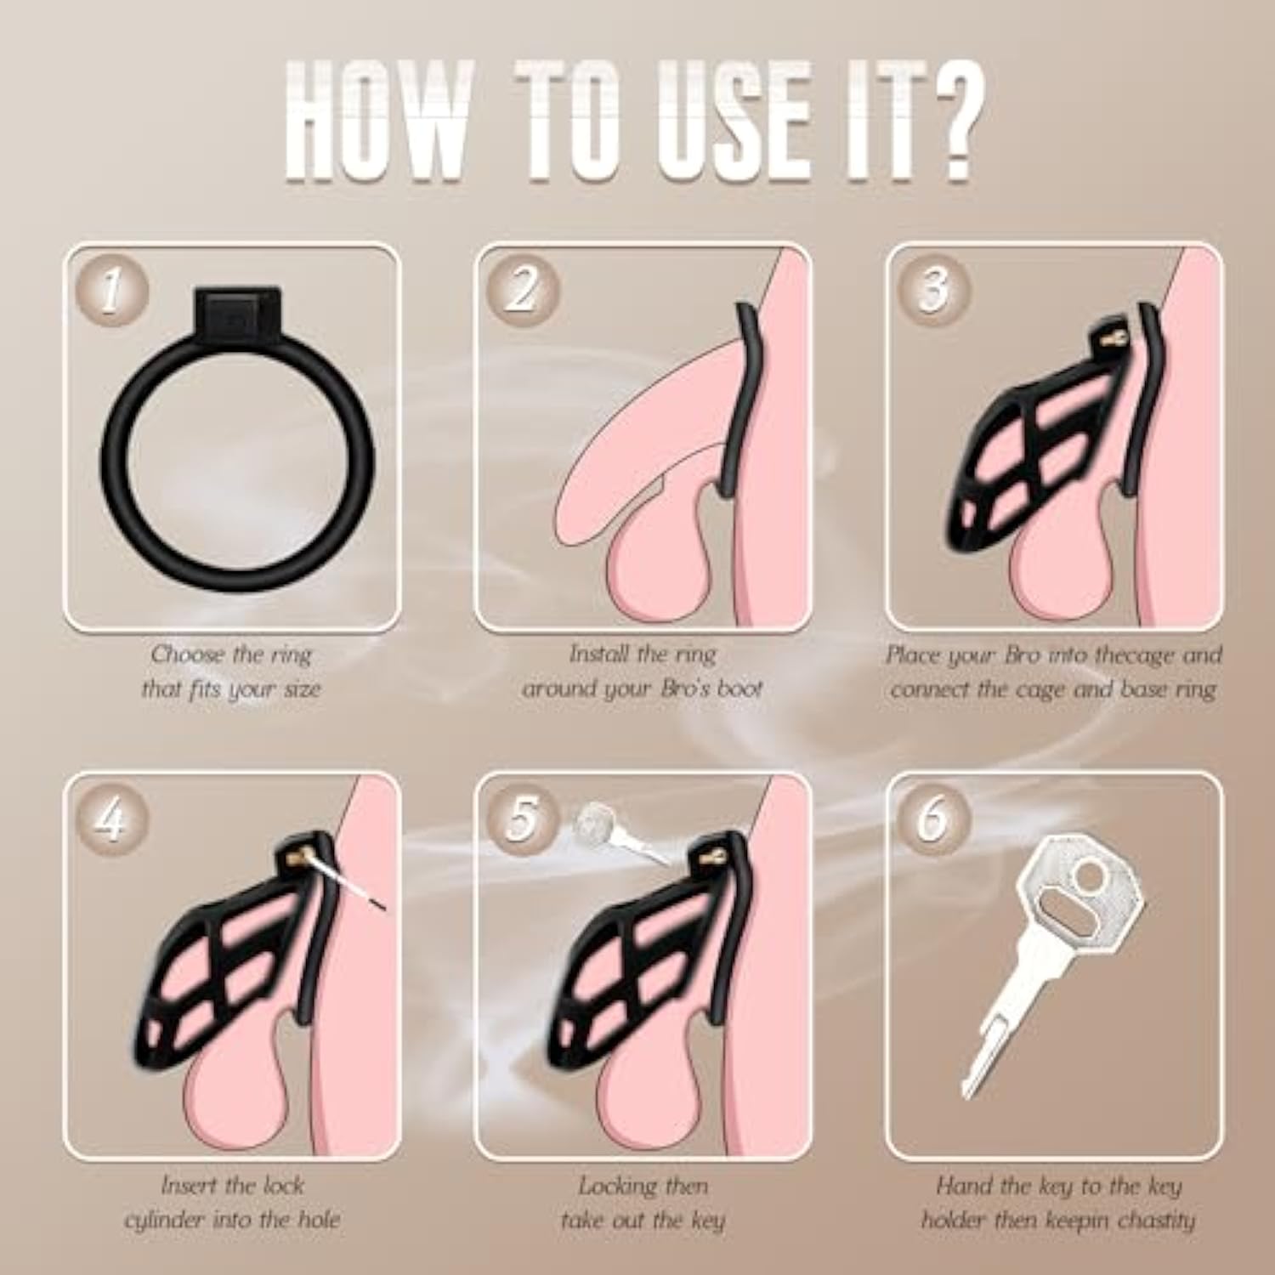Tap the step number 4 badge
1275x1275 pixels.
coord(111,819)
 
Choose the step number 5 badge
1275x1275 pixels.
coord(523,819)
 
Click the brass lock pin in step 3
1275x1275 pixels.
coord(1113,337)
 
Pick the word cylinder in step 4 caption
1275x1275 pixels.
coord(165,1221)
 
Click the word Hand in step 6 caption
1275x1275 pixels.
coord(963,1185)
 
